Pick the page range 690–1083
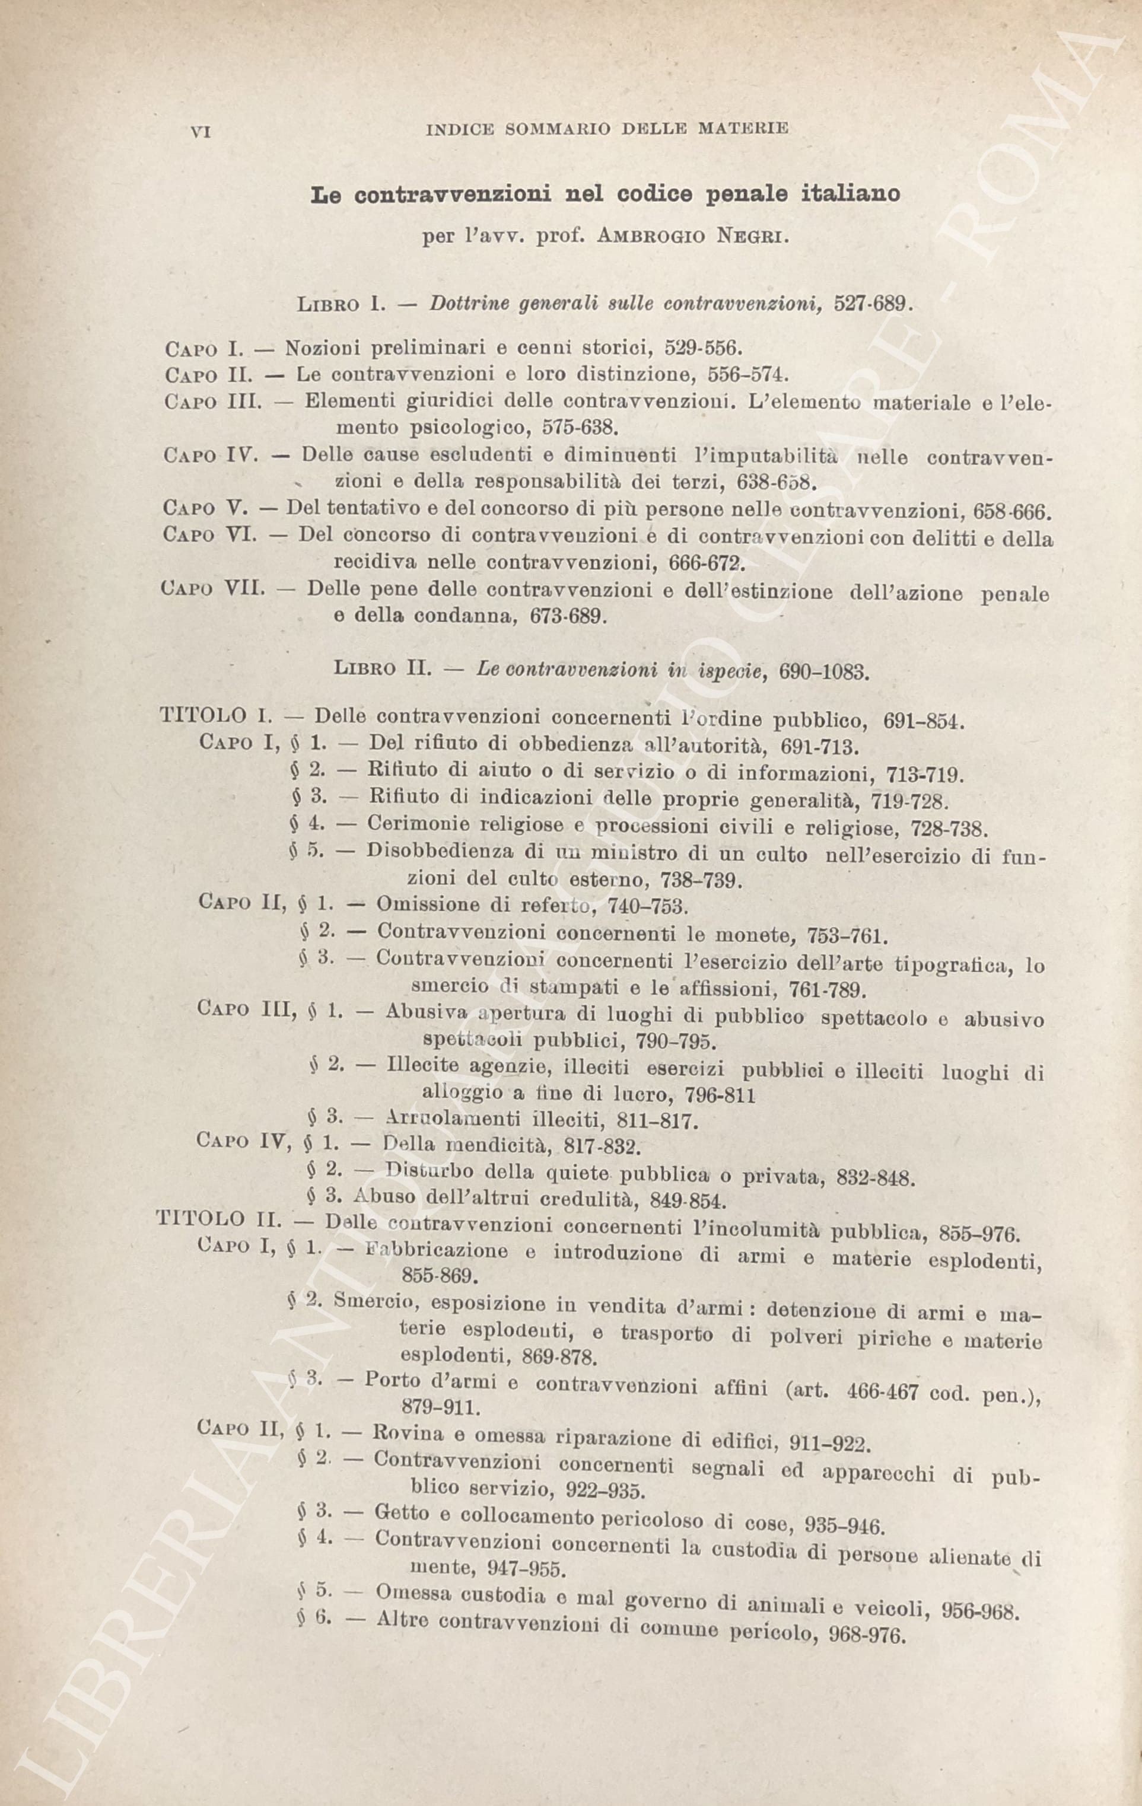pos(825,671)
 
